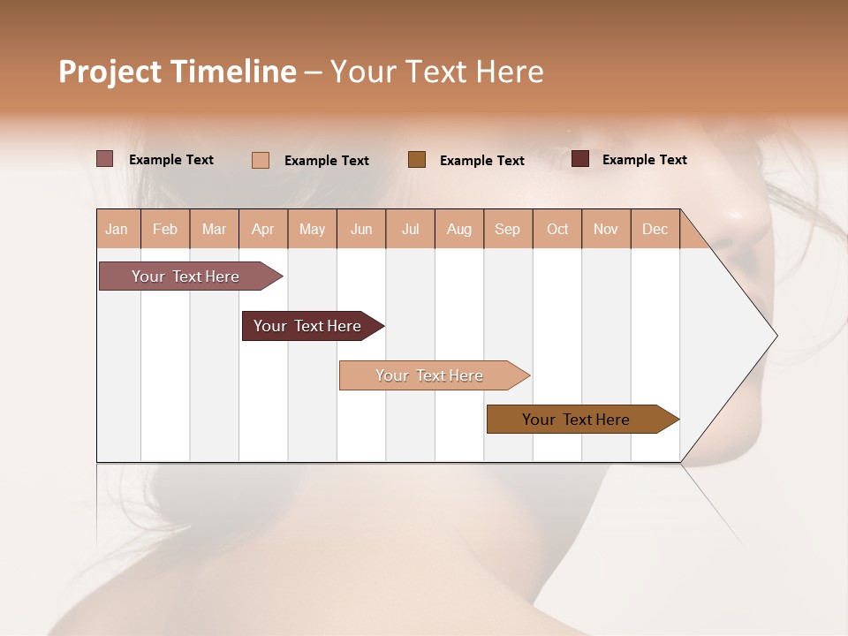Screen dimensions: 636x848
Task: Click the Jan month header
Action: (x=117, y=229)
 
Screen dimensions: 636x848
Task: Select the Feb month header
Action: (x=165, y=229)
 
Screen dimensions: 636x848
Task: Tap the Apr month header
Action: (x=263, y=229)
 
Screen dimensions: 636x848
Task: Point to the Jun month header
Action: (x=361, y=229)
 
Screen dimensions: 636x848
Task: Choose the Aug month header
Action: (x=459, y=229)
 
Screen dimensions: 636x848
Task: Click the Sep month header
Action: (x=508, y=229)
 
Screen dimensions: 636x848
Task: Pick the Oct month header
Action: (x=557, y=229)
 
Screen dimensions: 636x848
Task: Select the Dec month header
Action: (x=655, y=229)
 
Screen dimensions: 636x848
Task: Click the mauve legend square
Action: (x=105, y=159)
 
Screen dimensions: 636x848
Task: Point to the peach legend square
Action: (x=261, y=160)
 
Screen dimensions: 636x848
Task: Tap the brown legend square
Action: (x=417, y=160)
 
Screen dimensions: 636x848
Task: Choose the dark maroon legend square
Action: (x=580, y=159)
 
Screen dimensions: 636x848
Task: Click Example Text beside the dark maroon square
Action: (x=644, y=160)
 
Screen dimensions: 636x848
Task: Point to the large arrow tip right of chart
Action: (x=760, y=336)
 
